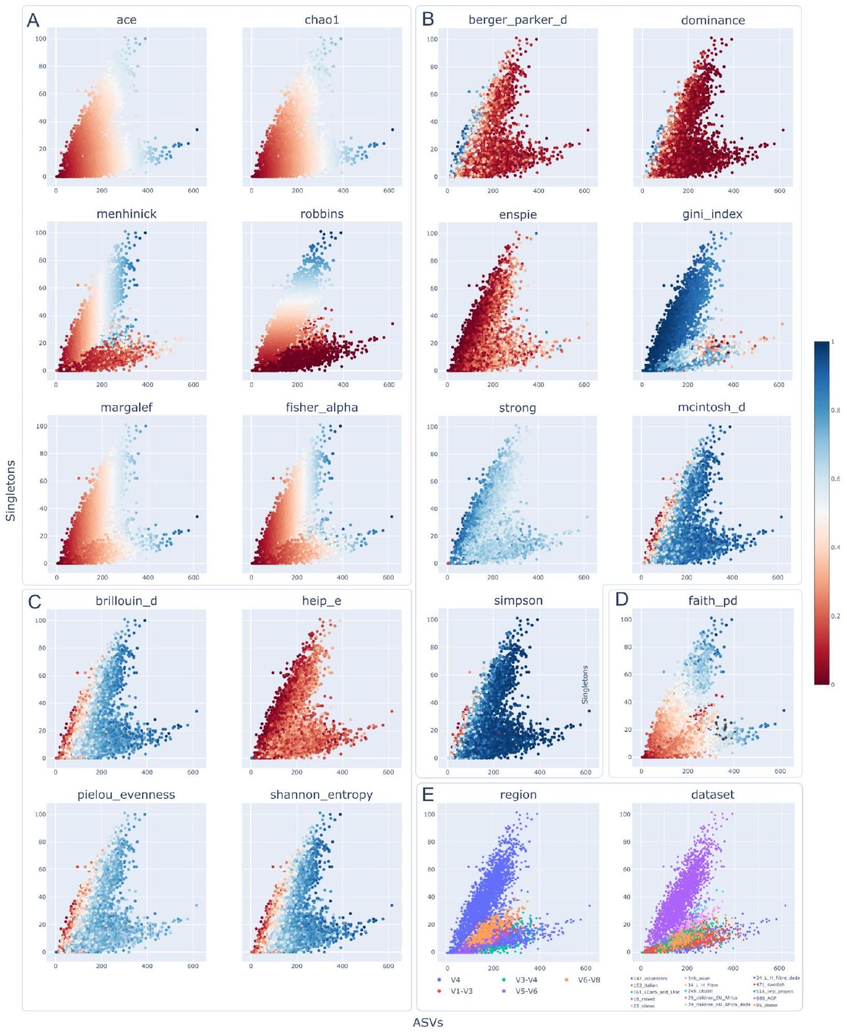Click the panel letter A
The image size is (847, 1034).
33,20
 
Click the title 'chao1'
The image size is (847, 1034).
322,20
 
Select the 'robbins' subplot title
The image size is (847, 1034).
322,214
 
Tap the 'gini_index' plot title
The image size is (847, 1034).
712,214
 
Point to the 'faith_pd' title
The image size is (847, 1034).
712,600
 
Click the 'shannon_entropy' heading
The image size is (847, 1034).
321,794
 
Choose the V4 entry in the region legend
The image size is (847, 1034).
455,980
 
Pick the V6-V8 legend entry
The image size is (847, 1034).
588,980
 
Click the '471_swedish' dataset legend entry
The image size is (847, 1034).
770,984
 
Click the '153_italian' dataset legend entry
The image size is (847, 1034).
645,985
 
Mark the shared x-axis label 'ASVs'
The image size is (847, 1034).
428,1023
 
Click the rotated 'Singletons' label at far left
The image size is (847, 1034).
11,491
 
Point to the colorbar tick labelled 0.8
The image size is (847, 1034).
835,410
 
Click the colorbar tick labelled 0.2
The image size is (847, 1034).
835,616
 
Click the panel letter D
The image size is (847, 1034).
621,599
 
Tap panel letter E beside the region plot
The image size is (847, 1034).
428,794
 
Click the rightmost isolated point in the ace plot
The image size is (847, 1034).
197,130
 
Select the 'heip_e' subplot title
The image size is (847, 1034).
322,600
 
